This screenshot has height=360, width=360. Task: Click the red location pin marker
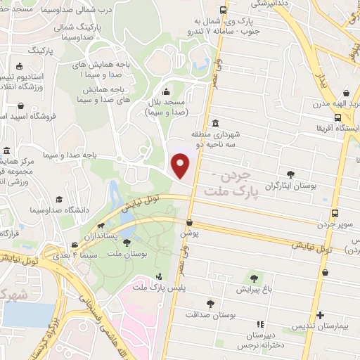(x=181, y=166)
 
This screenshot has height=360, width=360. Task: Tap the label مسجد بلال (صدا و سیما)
(x=166, y=107)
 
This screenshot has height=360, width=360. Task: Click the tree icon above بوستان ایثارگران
(x=291, y=173)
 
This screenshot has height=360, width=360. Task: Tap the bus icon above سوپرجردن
(x=335, y=213)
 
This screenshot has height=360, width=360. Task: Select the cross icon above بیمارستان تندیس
(x=320, y=315)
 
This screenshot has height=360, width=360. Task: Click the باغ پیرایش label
(x=252, y=288)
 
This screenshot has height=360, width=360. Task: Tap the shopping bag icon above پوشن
(x=189, y=223)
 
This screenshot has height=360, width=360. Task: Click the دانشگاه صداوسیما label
(x=60, y=209)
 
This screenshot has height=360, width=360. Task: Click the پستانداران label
(x=104, y=238)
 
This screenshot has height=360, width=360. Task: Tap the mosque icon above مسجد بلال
(x=166, y=91)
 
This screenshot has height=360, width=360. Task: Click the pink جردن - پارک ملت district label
(x=226, y=184)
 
